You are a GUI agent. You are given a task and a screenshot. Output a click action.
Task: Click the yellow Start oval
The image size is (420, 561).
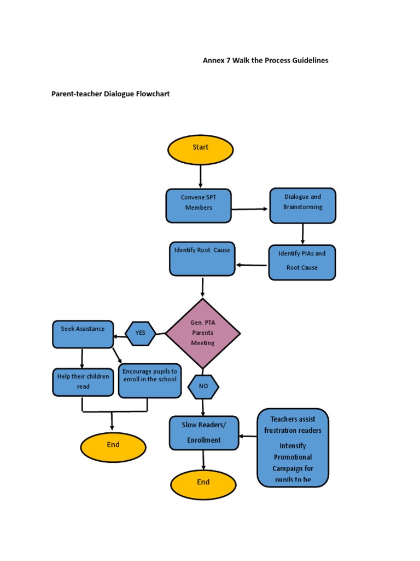tap(200, 150)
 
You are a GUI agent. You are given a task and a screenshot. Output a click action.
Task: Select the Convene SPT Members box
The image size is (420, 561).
tap(199, 205)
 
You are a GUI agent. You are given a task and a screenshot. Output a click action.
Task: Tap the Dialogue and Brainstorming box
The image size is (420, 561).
tap(302, 205)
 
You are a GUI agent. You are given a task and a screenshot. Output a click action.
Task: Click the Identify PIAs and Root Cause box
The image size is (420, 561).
tap(302, 262)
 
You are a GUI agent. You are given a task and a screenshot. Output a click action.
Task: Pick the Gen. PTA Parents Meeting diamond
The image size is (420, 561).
tap(203, 334)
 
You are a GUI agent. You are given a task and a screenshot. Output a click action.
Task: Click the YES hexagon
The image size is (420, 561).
tap(141, 333)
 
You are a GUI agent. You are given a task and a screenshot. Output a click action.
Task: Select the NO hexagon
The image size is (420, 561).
tap(203, 387)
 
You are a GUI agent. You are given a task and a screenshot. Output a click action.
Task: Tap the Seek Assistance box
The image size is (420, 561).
tap(83, 334)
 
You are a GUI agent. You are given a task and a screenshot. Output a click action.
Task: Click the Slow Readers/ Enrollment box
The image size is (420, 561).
tap(204, 433)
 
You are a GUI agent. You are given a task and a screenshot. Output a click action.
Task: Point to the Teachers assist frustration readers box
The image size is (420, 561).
tap(293, 448)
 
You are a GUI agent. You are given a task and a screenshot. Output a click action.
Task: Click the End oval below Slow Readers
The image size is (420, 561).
tap(203, 484)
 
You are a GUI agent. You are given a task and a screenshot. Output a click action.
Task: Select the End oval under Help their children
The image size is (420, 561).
tap(113, 447)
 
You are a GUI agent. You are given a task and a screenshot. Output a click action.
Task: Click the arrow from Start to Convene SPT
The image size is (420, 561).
tap(201, 176)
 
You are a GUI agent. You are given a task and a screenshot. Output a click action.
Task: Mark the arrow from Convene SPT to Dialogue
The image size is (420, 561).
tap(250, 209)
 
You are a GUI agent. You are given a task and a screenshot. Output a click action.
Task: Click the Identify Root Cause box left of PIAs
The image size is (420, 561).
tap(202, 259)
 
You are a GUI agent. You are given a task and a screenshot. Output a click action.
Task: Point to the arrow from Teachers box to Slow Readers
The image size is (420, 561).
tap(248, 437)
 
